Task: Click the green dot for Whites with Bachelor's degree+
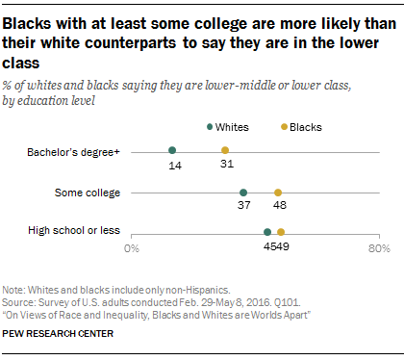pyautogui.click(x=172, y=150)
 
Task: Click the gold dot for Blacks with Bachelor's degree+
pyautogui.click(x=225, y=150)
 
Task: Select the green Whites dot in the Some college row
pyautogui.click(x=243, y=193)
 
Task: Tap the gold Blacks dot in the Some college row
pyautogui.click(x=278, y=193)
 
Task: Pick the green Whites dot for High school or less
pyautogui.click(x=267, y=232)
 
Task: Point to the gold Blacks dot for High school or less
pyautogui.click(x=281, y=232)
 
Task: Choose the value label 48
pyautogui.click(x=278, y=207)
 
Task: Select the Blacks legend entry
pyautogui.click(x=302, y=126)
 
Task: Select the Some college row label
pyautogui.click(x=89, y=192)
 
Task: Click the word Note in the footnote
pyautogui.click(x=14, y=289)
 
